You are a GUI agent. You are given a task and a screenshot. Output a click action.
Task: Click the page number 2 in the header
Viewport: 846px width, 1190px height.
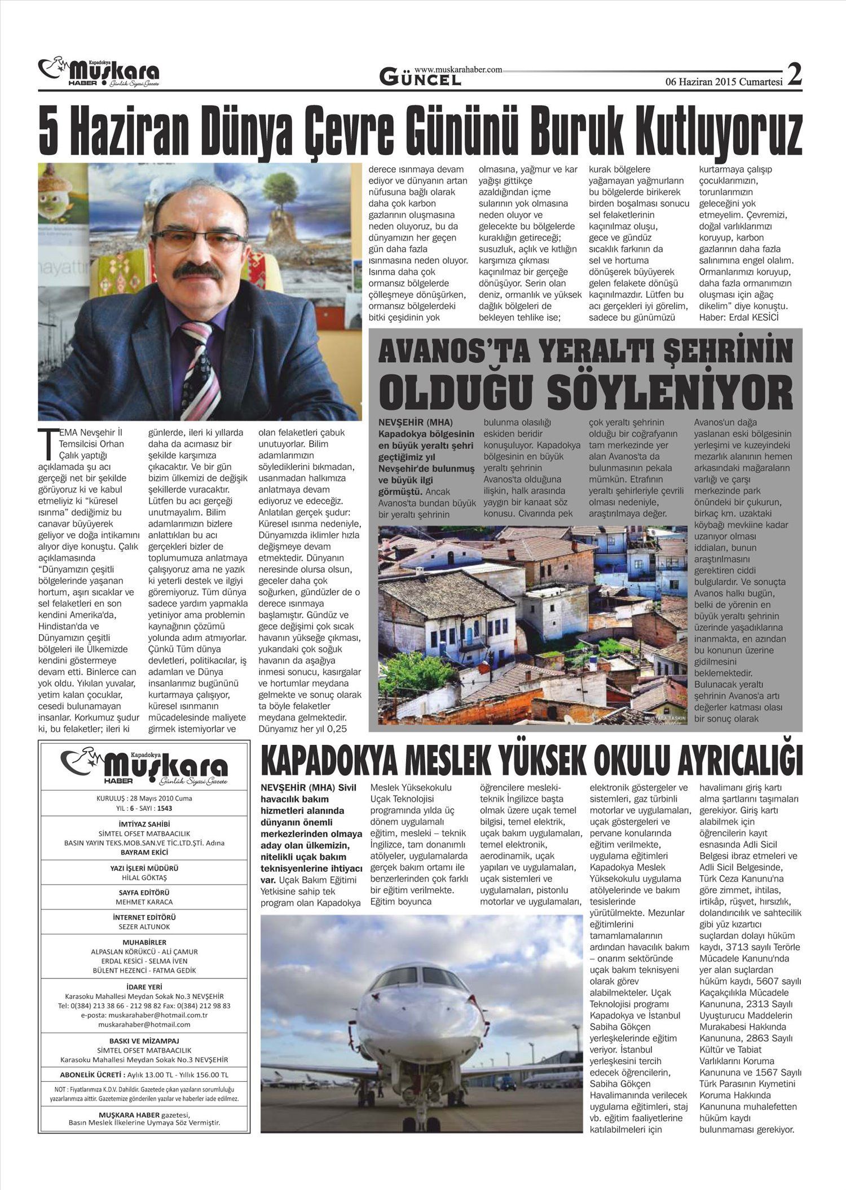(794, 74)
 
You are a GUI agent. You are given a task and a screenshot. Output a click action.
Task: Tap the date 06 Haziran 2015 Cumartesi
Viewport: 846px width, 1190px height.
(724, 81)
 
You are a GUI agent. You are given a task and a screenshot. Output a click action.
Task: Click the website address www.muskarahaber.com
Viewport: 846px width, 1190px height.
(457, 69)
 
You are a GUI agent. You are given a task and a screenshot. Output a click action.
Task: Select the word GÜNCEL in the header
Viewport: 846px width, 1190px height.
(420, 78)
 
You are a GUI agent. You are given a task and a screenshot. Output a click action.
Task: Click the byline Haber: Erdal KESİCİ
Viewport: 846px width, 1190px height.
(738, 317)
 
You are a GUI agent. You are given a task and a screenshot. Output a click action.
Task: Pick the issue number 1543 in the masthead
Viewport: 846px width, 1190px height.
(165, 808)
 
